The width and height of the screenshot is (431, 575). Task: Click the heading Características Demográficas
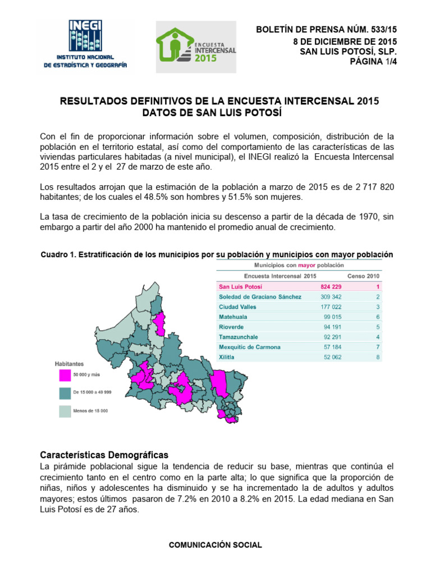point(104,455)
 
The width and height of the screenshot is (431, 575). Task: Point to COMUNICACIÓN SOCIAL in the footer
point(215,545)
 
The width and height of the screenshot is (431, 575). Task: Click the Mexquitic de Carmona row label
point(249,347)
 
